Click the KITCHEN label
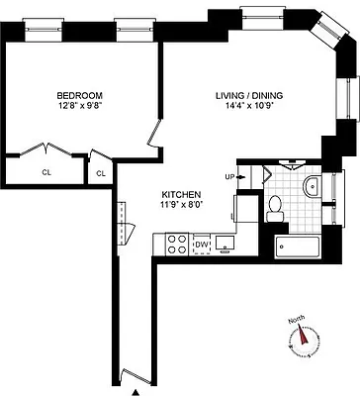tap(183, 195)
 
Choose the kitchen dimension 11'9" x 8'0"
tap(183, 206)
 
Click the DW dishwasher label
tap(201, 244)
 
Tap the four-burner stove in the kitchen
tap(177, 243)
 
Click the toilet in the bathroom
tap(277, 207)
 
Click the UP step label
tap(230, 177)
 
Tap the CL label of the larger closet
tap(46, 171)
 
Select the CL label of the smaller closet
tap(100, 173)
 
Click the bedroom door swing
tap(153, 135)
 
